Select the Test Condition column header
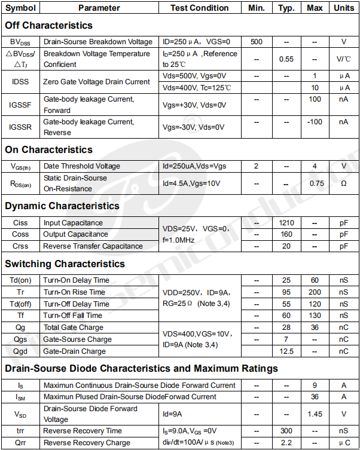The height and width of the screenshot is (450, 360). pos(199,8)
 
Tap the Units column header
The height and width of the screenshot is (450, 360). pos(343,8)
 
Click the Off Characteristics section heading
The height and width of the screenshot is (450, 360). pos(48,25)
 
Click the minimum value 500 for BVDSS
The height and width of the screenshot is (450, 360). pos(257,42)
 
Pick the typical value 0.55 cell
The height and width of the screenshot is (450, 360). pos(286,59)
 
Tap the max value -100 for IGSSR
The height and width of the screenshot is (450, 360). pos(315,122)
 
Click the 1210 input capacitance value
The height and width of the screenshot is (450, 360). pos(286,223)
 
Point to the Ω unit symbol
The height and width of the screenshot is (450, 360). pos(343,183)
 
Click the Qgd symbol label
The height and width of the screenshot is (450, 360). pos(20,351)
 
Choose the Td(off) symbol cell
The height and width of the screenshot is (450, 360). pos(20,304)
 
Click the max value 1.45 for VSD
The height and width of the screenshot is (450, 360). pos(315,414)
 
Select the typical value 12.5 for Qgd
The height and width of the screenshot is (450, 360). pos(286,351)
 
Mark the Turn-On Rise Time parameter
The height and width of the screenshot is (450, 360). pos(74,292)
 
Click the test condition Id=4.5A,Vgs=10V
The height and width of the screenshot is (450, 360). pos(191,183)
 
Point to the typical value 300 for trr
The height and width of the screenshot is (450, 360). pos(286,431)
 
